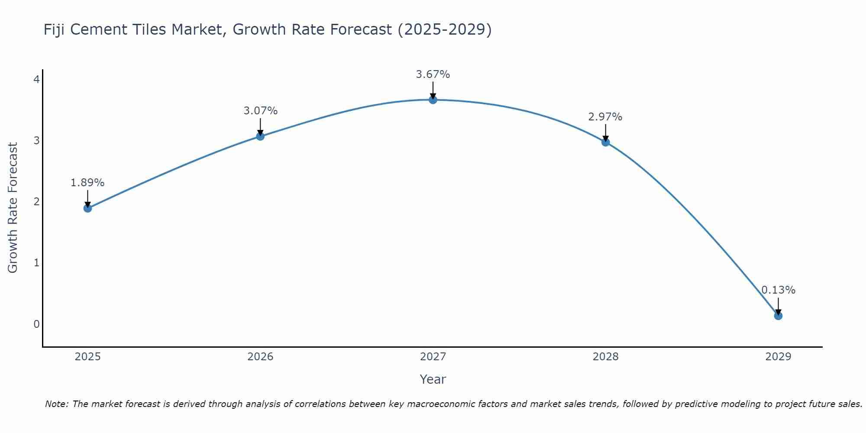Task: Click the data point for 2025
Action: (87, 208)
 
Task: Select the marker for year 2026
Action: (260, 136)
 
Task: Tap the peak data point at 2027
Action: (433, 100)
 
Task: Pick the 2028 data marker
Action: (605, 142)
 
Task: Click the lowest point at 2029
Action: (778, 316)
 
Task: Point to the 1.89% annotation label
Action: (87, 183)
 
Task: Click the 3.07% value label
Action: (260, 111)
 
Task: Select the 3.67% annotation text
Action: (433, 74)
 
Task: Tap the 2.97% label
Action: (605, 117)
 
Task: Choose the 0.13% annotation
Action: (778, 290)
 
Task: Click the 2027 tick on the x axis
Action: (433, 357)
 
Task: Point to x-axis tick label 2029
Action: (778, 357)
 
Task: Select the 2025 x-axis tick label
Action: (87, 357)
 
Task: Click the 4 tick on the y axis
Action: (36, 79)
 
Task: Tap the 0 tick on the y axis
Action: (36, 324)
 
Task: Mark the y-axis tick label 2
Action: (36, 201)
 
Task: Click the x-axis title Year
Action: (433, 379)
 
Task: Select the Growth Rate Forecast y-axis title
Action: (13, 208)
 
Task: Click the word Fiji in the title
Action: (55, 30)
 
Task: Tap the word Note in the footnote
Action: (56, 404)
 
